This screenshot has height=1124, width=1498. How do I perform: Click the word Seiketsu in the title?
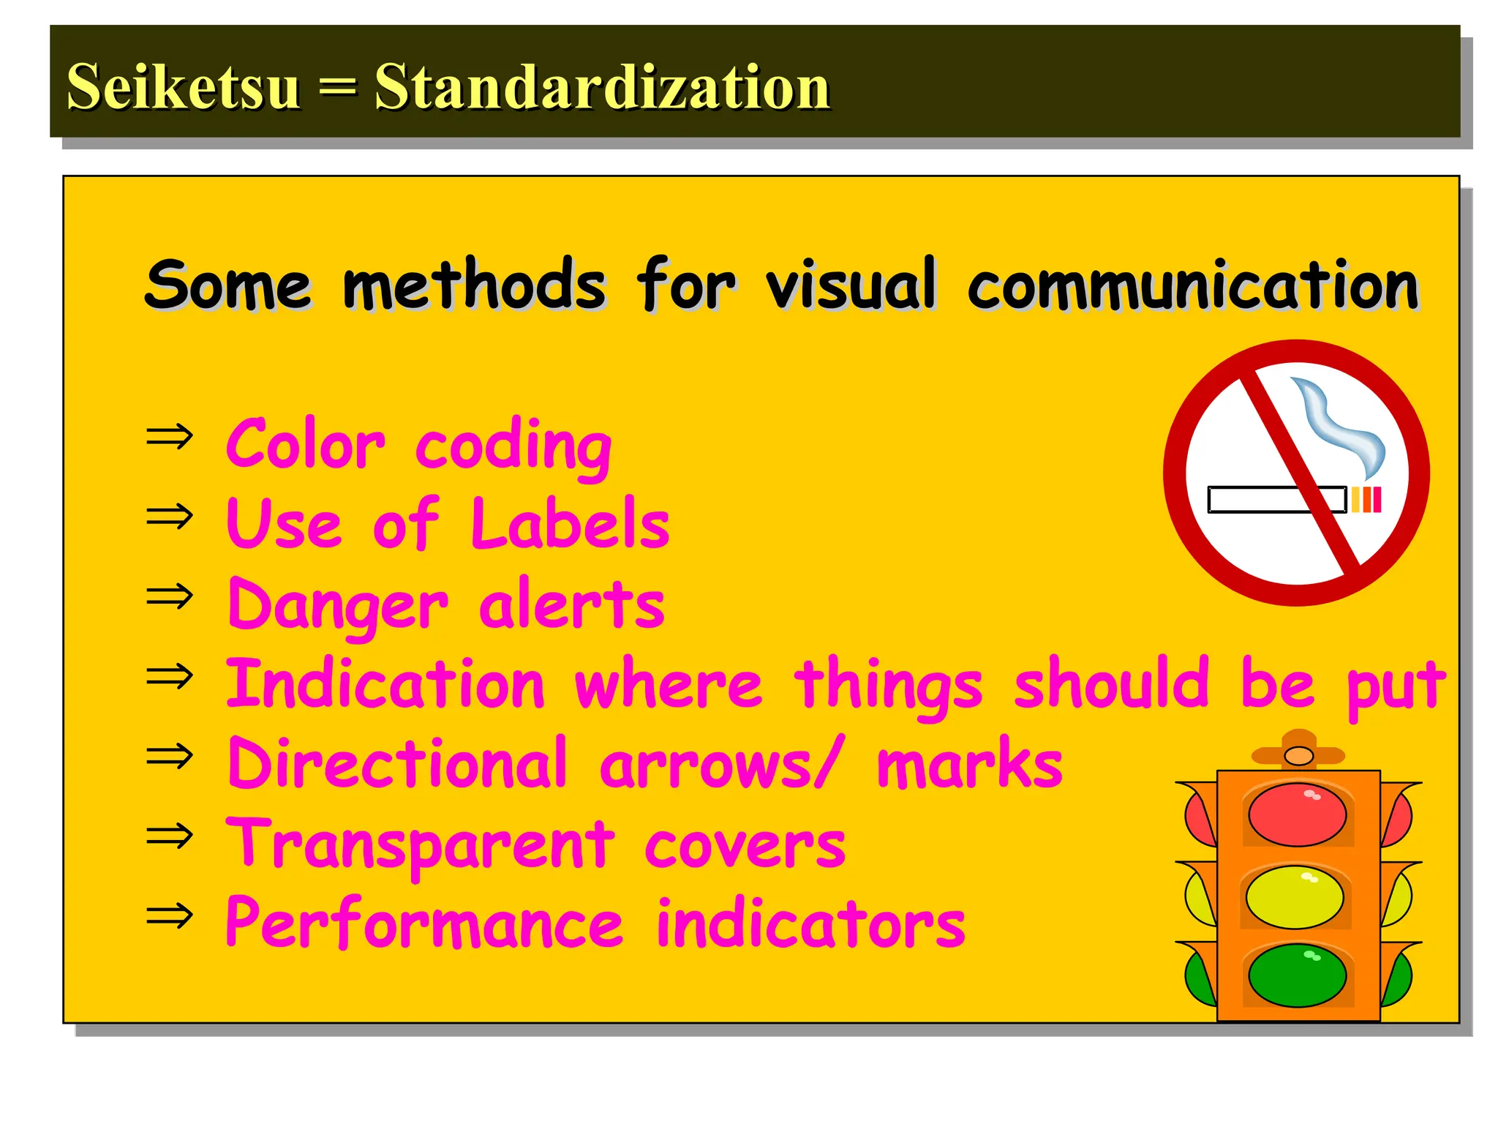[183, 86]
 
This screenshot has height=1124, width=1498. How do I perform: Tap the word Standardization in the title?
[602, 86]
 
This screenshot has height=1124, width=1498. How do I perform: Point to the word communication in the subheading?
[1192, 285]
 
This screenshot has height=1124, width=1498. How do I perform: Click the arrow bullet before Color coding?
[170, 437]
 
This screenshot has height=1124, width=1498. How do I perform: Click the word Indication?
[385, 684]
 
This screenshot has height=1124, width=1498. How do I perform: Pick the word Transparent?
[420, 844]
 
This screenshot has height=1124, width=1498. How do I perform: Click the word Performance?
[424, 923]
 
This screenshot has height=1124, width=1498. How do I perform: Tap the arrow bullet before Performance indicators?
[170, 915]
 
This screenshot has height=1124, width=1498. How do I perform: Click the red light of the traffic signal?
[1297, 814]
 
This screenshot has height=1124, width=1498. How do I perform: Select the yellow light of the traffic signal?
[1295, 897]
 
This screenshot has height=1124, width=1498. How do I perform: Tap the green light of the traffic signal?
[1297, 975]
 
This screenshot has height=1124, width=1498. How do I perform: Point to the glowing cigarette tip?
[1366, 500]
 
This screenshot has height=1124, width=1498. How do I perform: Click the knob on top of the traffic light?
[1298, 755]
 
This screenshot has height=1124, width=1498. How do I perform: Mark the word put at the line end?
[1396, 686]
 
